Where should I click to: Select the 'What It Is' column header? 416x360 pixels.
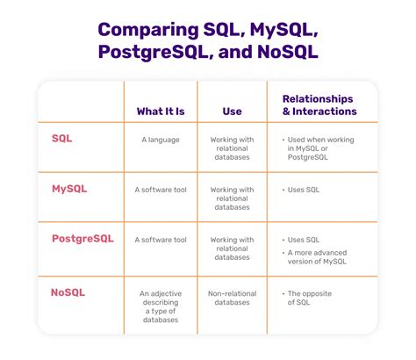pyautogui.click(x=160, y=111)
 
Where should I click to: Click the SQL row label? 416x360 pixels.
pyautogui.click(x=62, y=139)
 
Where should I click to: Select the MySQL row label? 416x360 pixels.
pyautogui.click(x=69, y=188)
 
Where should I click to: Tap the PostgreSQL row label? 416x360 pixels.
pyautogui.click(x=81, y=238)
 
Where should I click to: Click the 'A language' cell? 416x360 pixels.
pyautogui.click(x=160, y=139)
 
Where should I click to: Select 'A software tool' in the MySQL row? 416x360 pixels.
pyautogui.click(x=160, y=189)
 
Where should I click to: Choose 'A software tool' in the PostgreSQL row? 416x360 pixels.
pyautogui.click(x=160, y=239)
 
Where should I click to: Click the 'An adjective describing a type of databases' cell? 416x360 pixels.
pyautogui.click(x=160, y=306)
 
